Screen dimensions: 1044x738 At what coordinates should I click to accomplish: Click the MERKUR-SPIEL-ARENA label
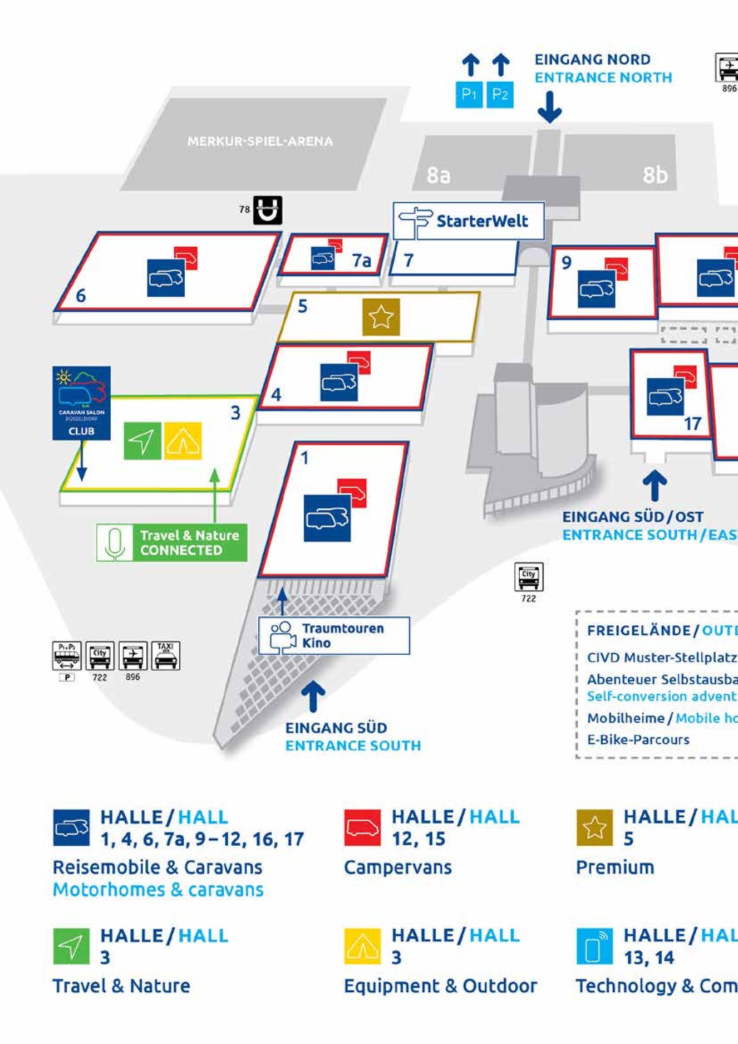tap(260, 141)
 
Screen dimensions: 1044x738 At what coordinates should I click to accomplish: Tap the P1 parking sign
tap(469, 94)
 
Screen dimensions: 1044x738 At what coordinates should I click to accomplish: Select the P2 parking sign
tap(500, 94)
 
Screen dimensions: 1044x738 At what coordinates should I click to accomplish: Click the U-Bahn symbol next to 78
tap(268, 210)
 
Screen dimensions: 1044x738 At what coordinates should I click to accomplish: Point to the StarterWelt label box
tap(469, 221)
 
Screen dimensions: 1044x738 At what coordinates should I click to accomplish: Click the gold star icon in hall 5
tap(381, 317)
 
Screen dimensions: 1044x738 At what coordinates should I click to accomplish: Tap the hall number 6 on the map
tap(81, 295)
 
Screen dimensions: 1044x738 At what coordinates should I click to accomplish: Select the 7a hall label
tap(361, 260)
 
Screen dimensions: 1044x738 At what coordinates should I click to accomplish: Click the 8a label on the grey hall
tap(438, 175)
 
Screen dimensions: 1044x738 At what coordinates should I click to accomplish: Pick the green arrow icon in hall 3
tap(142, 441)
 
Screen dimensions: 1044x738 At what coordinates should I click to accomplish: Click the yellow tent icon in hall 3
tap(183, 441)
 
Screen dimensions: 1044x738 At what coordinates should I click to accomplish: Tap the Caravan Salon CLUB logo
tap(81, 403)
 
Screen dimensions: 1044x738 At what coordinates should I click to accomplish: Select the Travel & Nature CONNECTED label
tap(172, 542)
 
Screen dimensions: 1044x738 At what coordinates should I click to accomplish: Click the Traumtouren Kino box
tap(334, 635)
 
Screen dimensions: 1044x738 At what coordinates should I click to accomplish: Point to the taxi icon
tap(165, 655)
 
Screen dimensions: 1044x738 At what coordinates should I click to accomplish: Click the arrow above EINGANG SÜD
tap(313, 695)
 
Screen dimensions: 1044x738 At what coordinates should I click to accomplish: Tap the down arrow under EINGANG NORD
tap(550, 107)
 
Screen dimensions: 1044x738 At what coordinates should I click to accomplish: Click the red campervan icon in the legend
tap(362, 828)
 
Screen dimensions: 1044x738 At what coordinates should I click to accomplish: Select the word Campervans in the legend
tap(397, 867)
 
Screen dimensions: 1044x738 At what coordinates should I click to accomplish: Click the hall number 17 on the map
tap(692, 424)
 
